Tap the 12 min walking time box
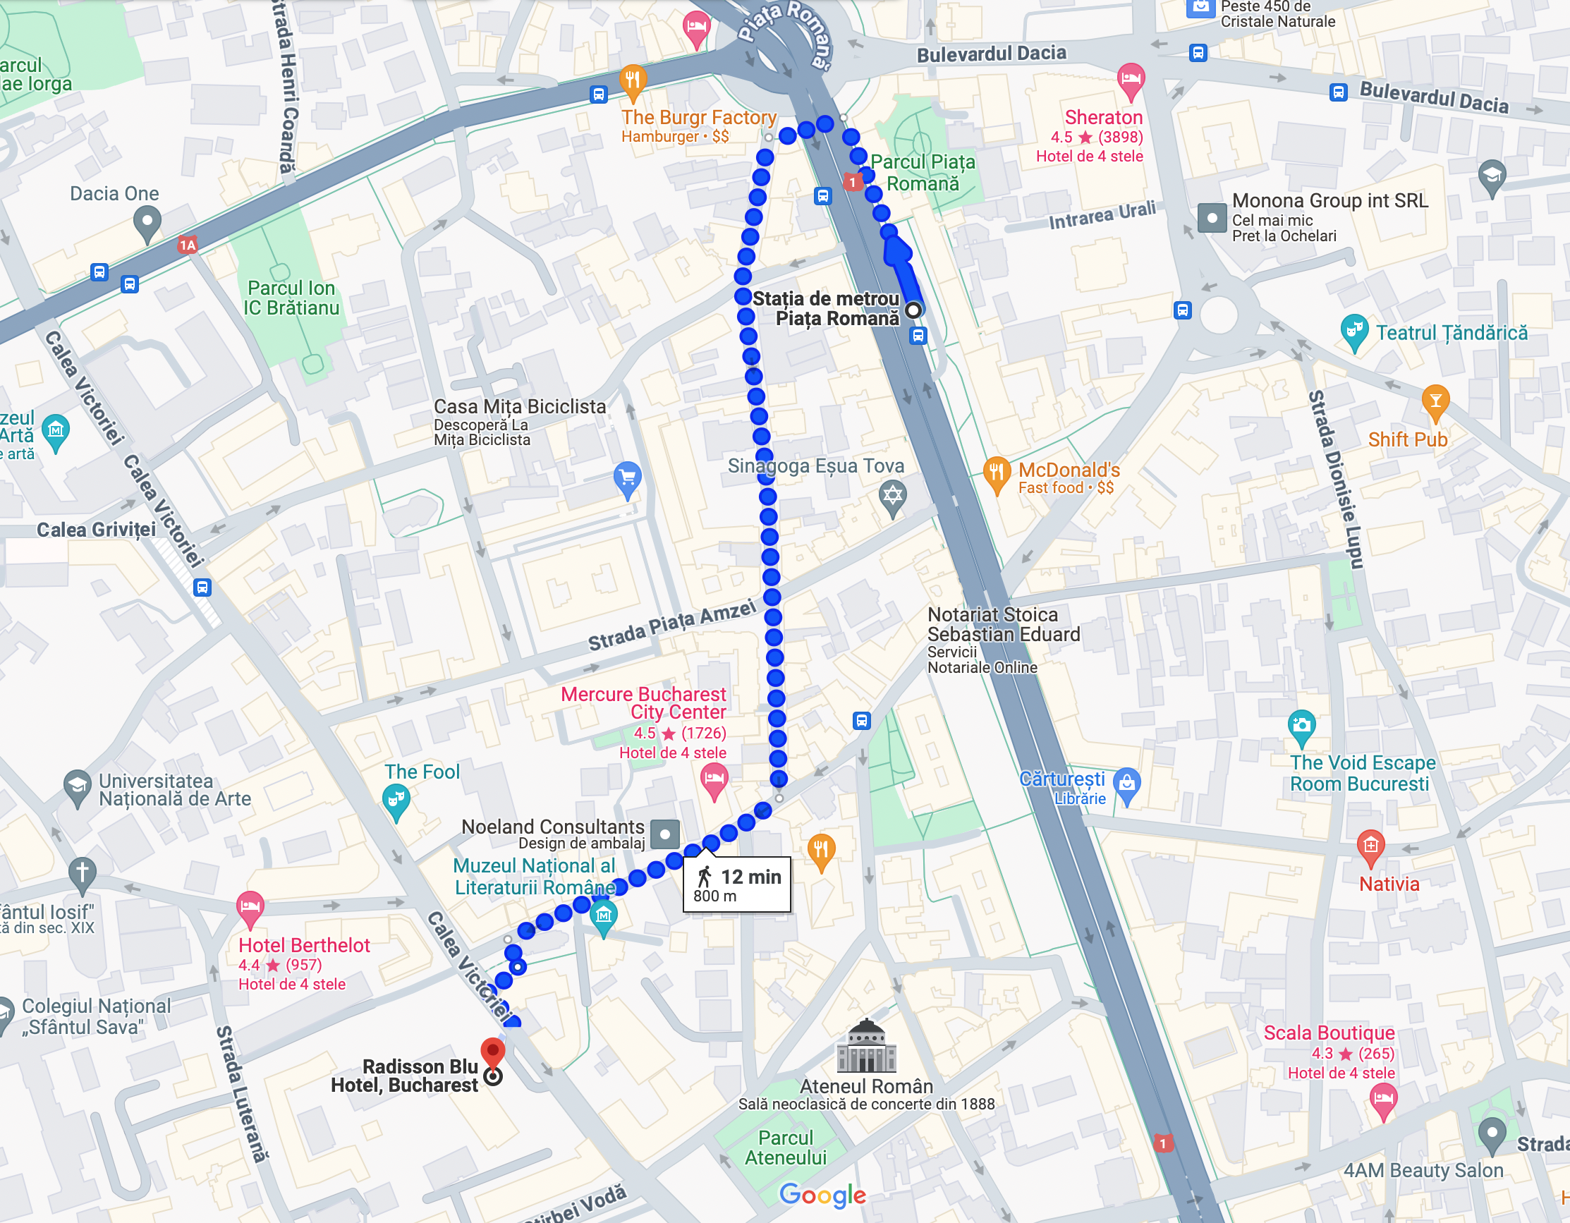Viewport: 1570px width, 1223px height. pos(737,884)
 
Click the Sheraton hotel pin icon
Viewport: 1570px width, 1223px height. pos(1131,80)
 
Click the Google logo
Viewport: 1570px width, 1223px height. pos(822,1194)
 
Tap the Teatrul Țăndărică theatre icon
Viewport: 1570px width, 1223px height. pos(1354,331)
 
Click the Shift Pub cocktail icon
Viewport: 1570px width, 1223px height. pos(1435,401)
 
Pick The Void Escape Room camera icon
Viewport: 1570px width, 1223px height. pos(1302,726)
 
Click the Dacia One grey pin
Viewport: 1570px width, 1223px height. pos(147,222)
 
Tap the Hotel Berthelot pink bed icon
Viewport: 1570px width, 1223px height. pos(250,907)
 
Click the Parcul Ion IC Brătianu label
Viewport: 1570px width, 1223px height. pos(291,298)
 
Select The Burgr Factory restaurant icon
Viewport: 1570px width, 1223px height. pos(633,81)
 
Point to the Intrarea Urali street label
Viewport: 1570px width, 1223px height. pos(1102,215)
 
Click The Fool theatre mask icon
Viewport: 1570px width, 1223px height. pos(396,801)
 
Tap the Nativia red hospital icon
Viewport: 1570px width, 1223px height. pos(1371,847)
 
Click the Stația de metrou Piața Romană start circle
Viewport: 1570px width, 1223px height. pos(913,310)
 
